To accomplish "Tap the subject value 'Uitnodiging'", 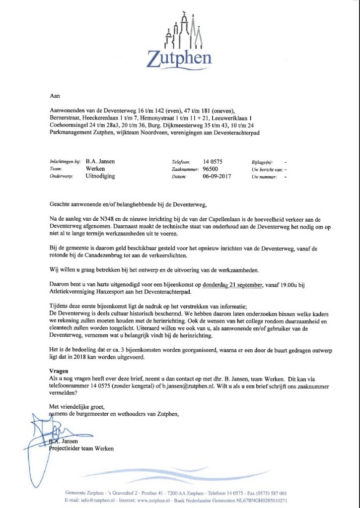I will pos(100,176).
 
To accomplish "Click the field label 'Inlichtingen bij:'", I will pos(65,162).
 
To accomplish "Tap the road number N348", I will pos(106,219).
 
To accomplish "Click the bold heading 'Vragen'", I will pos(59,370).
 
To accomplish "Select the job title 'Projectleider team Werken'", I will pos(81,448).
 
